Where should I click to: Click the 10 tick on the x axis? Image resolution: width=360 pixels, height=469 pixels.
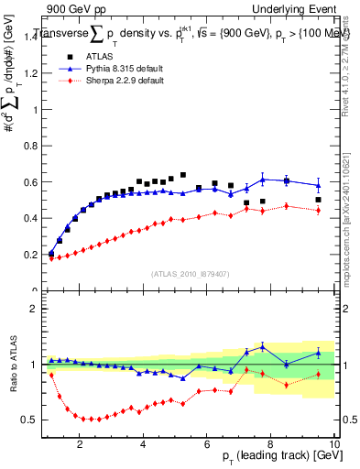coord(334,443)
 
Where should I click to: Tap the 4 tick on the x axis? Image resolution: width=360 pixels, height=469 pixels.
coord(144,443)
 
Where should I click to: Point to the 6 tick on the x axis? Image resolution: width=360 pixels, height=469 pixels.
coord(207,443)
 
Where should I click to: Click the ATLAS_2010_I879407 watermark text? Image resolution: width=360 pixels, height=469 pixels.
coord(190,274)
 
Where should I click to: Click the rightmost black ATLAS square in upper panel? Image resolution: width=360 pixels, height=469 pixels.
coord(318,200)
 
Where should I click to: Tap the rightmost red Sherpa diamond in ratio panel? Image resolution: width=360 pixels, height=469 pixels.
coord(318,375)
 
